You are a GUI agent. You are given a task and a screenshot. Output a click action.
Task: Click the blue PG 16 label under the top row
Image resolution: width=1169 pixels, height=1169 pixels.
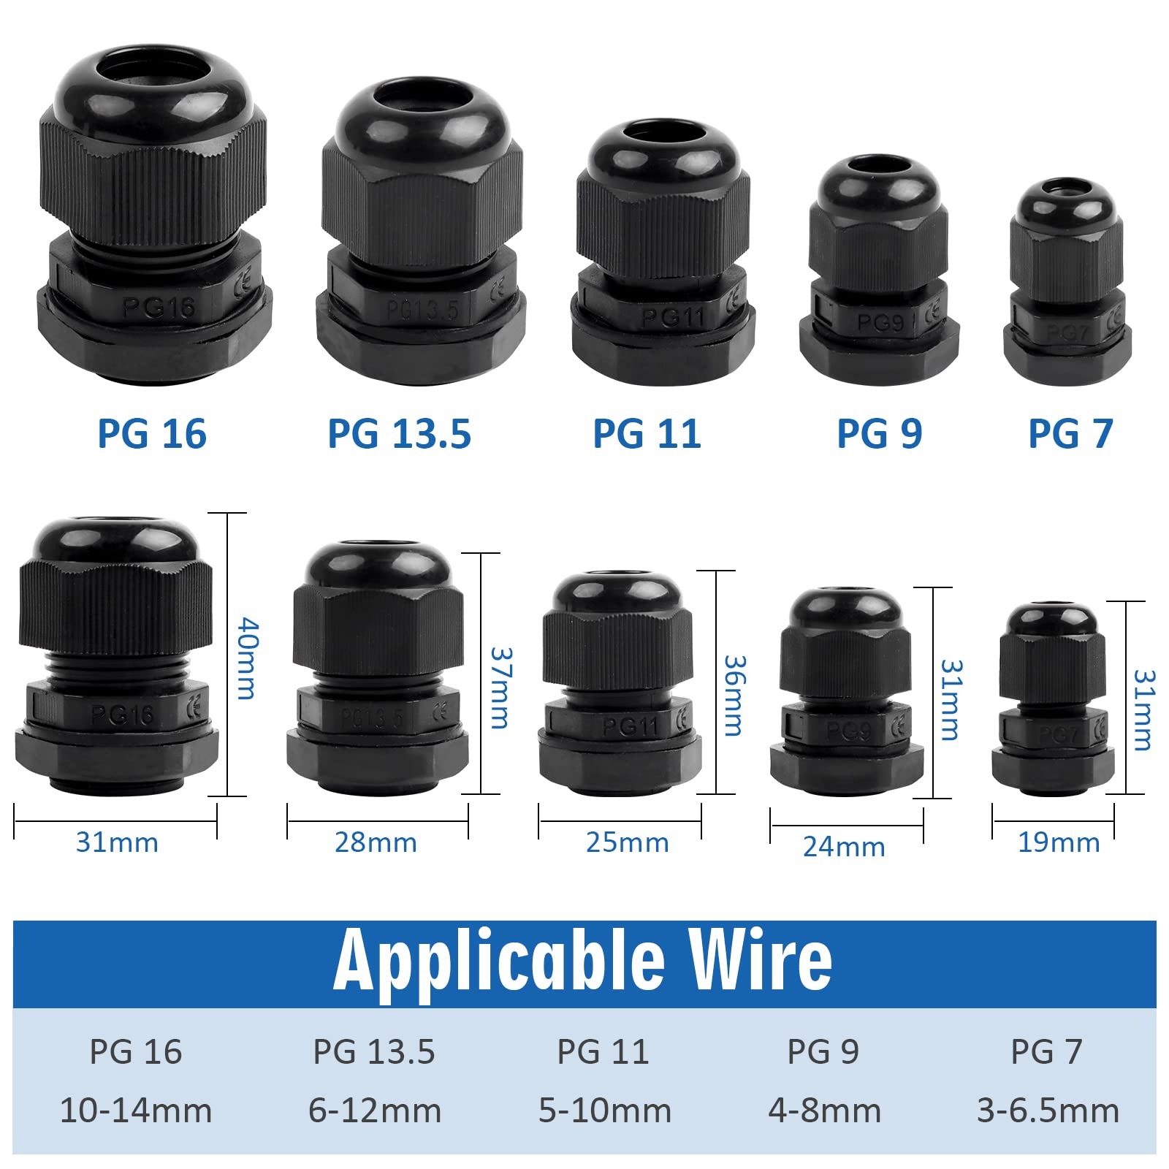tap(152, 433)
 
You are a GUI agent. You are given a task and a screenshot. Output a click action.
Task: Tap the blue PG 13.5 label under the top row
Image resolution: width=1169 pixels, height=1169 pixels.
tap(399, 433)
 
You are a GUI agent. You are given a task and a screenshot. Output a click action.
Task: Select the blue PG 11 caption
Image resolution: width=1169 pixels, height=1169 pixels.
tap(647, 433)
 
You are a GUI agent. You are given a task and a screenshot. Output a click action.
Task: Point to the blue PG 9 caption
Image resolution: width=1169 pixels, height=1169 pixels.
tap(879, 433)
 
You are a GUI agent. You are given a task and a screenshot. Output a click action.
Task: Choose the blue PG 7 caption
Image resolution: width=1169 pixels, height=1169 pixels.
tap(1070, 433)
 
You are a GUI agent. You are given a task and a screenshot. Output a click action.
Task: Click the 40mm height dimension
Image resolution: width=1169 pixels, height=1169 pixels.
tap(248, 658)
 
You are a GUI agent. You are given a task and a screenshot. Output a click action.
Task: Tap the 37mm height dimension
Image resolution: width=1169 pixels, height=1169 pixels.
tap(500, 688)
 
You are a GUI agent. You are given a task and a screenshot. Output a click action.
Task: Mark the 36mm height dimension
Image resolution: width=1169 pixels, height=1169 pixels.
tap(734, 695)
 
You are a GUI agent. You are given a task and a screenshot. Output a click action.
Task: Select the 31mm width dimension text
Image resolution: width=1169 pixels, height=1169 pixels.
tap(117, 842)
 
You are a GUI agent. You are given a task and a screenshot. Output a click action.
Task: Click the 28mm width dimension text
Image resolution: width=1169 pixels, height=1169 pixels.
tap(376, 842)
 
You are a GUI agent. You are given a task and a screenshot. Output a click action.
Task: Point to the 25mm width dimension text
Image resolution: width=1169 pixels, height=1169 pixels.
tap(627, 842)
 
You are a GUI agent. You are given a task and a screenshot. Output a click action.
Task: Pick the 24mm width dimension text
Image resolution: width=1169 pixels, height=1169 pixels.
tap(844, 847)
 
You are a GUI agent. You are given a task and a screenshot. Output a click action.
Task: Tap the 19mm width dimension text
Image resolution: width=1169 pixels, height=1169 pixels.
tap(1059, 842)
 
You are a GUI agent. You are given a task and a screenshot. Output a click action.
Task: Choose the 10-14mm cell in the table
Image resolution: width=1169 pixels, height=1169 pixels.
tap(136, 1111)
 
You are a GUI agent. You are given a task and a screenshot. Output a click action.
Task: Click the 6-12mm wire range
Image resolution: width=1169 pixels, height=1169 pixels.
tap(375, 1111)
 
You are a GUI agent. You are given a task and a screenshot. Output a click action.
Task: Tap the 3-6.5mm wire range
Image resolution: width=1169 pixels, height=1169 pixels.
tap(1048, 1111)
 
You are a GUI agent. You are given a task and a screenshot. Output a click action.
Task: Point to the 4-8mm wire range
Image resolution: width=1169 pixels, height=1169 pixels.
tap(824, 1111)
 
